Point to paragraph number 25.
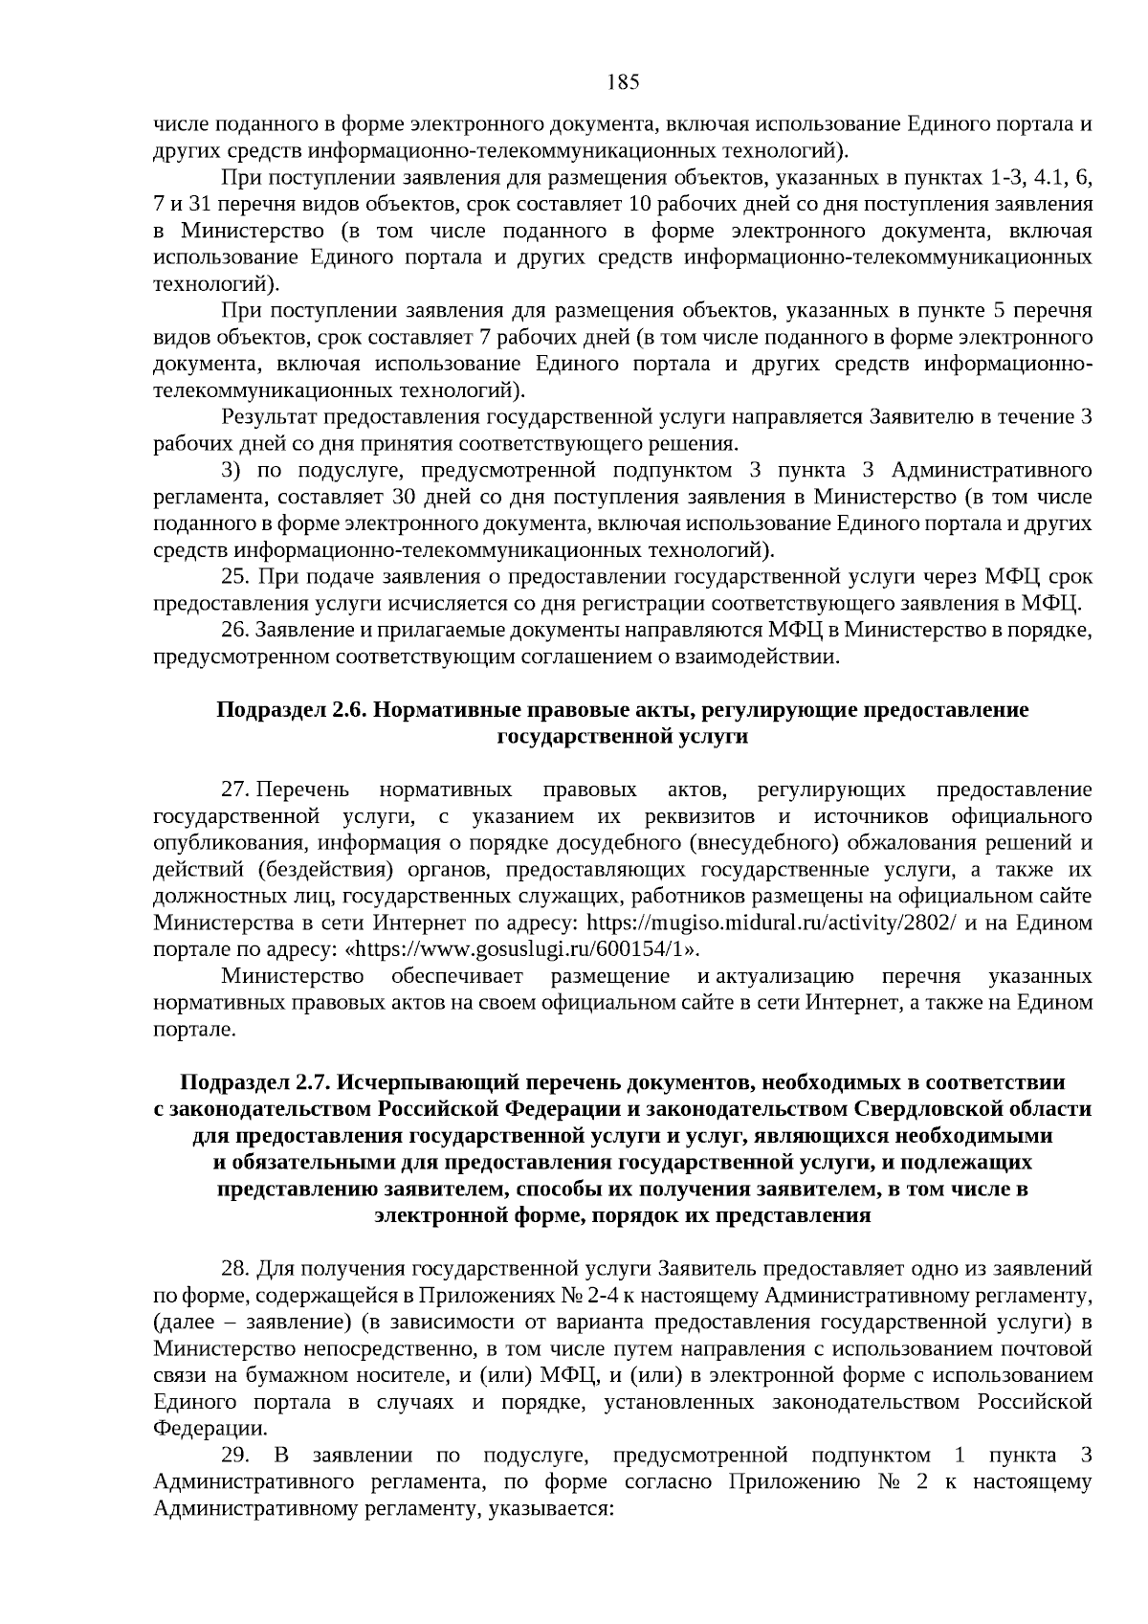(235, 577)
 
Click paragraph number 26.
(235, 631)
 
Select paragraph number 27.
(235, 790)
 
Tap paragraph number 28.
(235, 1269)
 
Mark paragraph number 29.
(235, 1456)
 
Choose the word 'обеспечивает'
(457, 977)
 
